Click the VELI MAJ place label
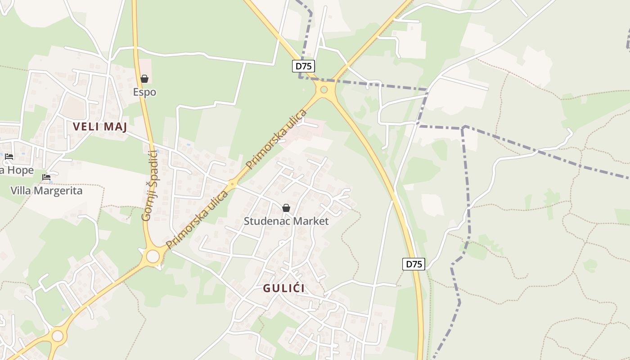pos(100,127)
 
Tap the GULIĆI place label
pos(283,288)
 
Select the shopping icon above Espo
pos(144,79)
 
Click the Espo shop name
pos(144,92)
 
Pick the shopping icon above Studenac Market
pos(286,208)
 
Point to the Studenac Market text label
pos(286,221)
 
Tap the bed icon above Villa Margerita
pos(46,177)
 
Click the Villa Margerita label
pos(46,190)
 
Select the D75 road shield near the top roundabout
pos(303,66)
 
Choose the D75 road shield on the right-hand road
pos(414,264)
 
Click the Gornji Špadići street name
pos(149,185)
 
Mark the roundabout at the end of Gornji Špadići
pos(153,256)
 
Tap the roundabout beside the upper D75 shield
pos(324,89)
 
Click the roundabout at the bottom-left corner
pos(58,336)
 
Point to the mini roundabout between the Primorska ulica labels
pos(232,183)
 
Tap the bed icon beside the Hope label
pos(9,157)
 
